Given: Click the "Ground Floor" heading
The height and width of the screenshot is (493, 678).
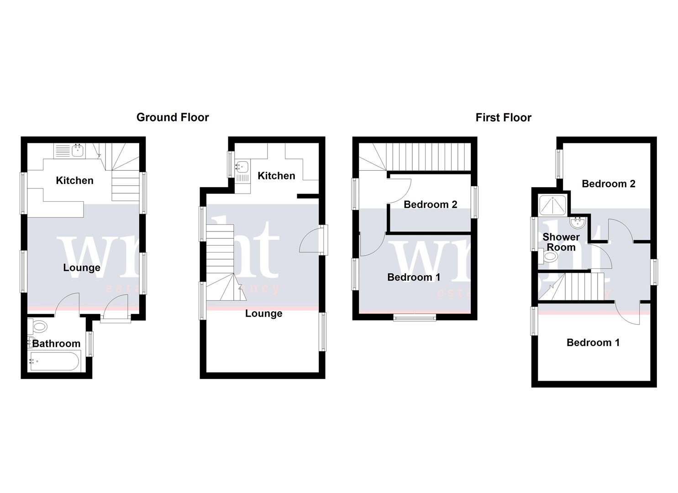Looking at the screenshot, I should (x=173, y=117).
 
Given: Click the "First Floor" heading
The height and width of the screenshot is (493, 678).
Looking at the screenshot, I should (x=503, y=118).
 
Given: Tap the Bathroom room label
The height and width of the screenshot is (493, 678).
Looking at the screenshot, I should (x=56, y=343).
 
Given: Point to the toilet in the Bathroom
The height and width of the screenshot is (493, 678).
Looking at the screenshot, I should (x=37, y=327).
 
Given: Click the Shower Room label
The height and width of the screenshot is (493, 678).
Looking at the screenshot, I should (x=561, y=242).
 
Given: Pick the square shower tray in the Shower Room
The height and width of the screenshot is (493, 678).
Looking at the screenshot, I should (x=553, y=205).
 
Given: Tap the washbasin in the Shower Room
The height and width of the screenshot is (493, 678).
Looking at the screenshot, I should (x=578, y=223).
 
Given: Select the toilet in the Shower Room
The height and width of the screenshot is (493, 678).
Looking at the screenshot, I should (x=548, y=257).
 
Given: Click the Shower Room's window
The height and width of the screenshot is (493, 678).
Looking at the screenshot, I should (x=533, y=234).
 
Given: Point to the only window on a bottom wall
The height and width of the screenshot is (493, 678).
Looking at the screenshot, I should (x=415, y=317).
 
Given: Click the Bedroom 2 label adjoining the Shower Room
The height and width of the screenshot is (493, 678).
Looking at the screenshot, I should (x=608, y=184).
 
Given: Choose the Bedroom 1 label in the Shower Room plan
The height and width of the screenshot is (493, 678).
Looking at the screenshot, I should (x=593, y=342).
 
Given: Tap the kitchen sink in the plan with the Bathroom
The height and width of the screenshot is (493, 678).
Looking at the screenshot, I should (x=77, y=150).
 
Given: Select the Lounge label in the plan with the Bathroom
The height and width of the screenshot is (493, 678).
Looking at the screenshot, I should (x=81, y=267).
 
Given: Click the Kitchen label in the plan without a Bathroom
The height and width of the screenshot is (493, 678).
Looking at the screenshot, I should (x=276, y=176).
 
